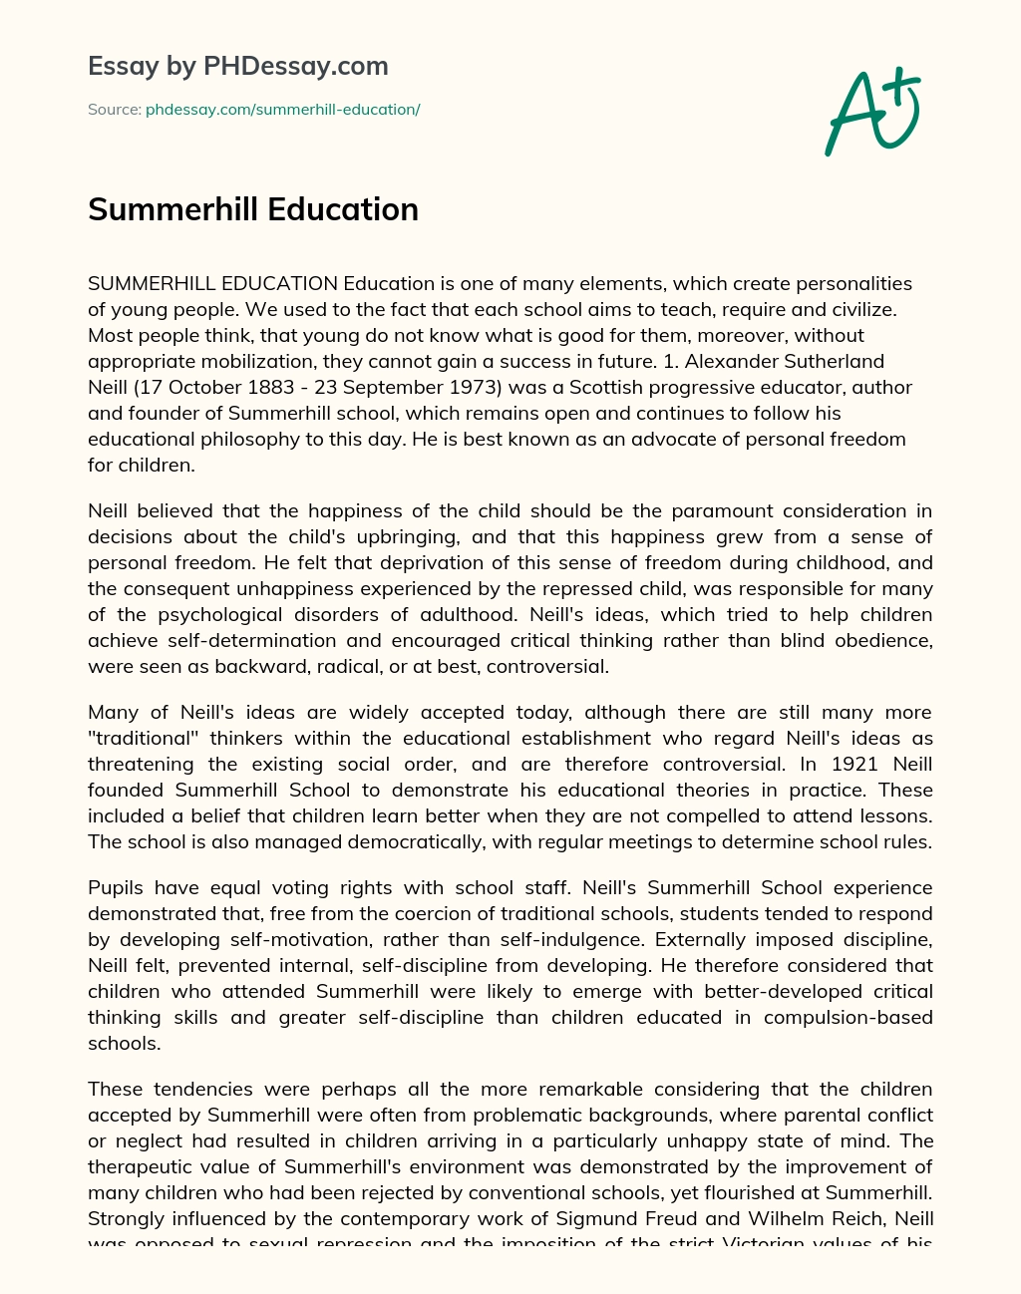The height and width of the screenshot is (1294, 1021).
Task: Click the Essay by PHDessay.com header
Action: (238, 66)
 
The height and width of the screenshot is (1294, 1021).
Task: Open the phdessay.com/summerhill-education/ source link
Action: (282, 110)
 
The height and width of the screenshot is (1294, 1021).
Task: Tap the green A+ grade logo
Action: (872, 112)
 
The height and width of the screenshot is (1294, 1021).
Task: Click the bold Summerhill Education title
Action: (253, 209)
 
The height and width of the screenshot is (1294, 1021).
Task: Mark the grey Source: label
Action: (114, 110)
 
